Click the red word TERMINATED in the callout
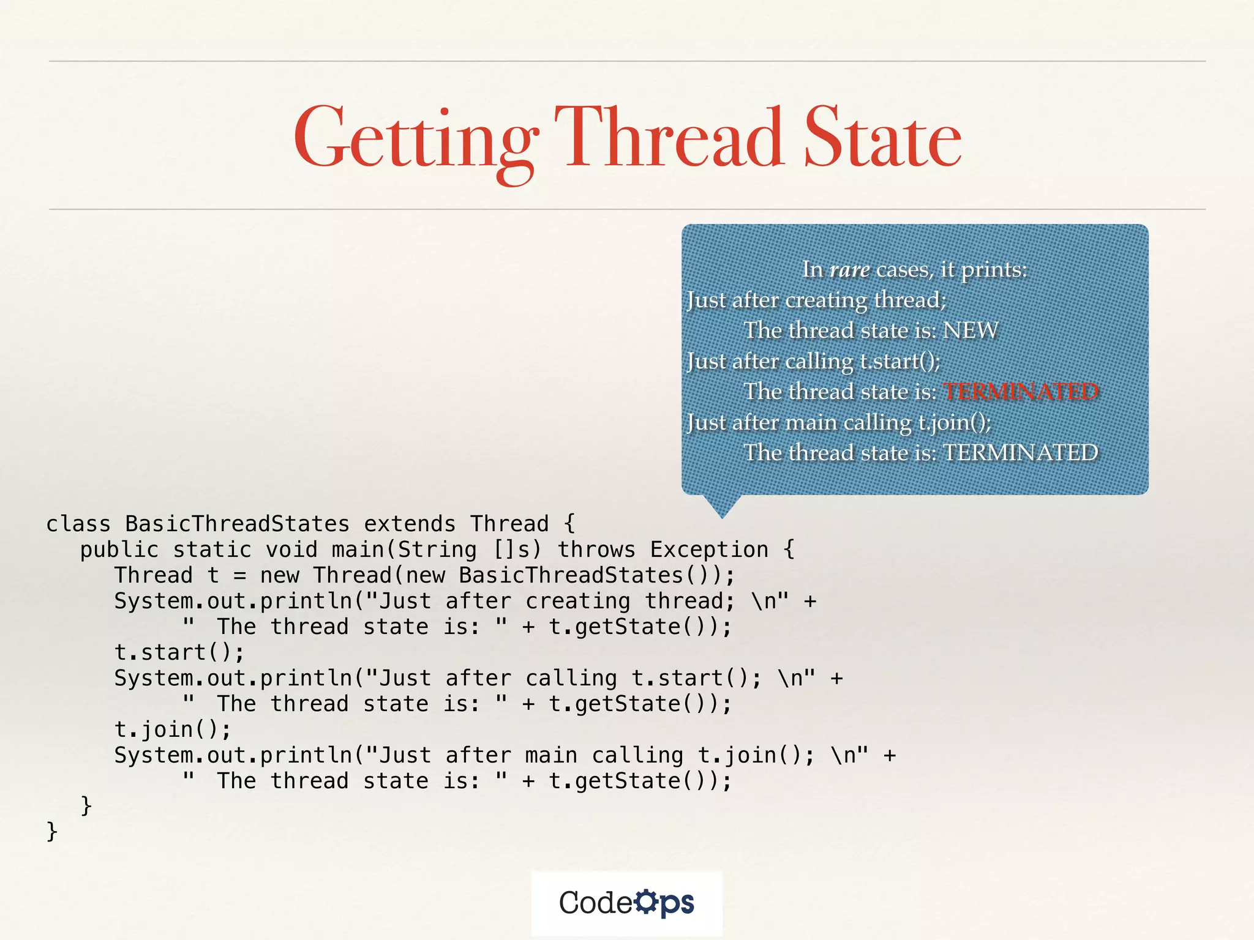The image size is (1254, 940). pyautogui.click(x=1020, y=392)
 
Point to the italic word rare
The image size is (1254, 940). pyautogui.click(x=849, y=269)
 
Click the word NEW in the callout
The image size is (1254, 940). pyautogui.click(x=970, y=330)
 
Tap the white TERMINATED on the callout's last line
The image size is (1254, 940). pyautogui.click(x=1020, y=453)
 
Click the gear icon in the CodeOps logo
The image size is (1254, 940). pyautogui.click(x=645, y=901)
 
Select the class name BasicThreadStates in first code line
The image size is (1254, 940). pyautogui.click(x=237, y=524)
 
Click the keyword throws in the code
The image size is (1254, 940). pyautogui.click(x=596, y=550)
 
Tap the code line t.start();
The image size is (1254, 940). pyautogui.click(x=179, y=652)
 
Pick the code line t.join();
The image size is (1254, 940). pyautogui.click(x=173, y=729)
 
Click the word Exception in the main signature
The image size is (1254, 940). pyautogui.click(x=708, y=550)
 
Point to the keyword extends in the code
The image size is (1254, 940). pyautogui.click(x=410, y=524)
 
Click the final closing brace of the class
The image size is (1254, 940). pyautogui.click(x=52, y=831)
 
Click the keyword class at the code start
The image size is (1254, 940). pyautogui.click(x=78, y=524)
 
